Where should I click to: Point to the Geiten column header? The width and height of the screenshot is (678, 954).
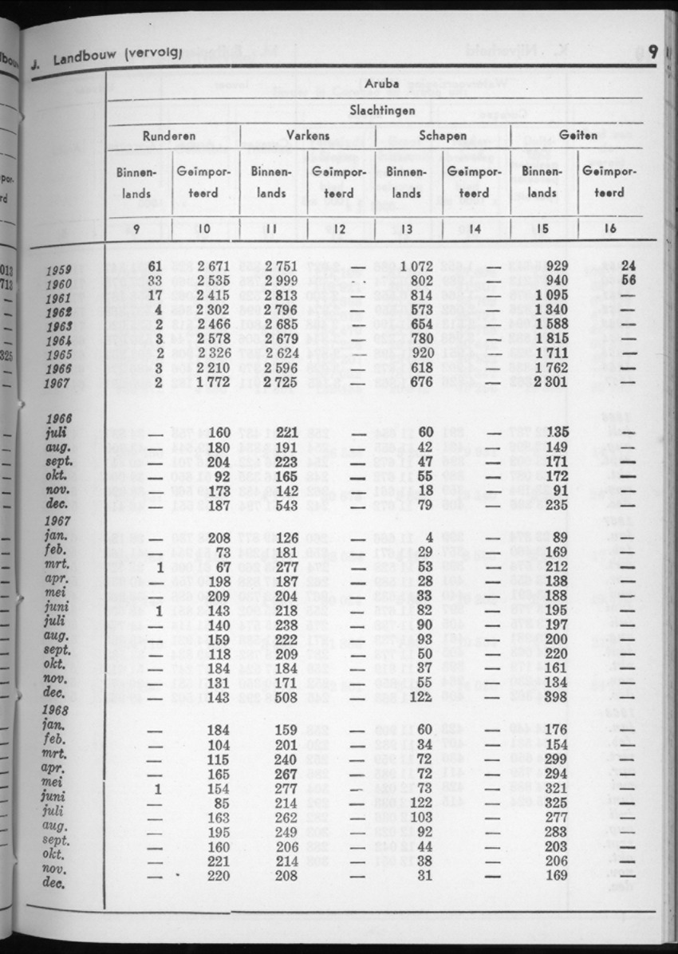tap(578, 136)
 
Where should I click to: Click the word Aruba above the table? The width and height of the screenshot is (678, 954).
tap(380, 83)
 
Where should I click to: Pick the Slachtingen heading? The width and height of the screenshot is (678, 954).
tap(381, 110)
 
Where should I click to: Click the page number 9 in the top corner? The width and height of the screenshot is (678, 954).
tap(653, 53)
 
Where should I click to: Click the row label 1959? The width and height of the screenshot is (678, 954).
tap(60, 270)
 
